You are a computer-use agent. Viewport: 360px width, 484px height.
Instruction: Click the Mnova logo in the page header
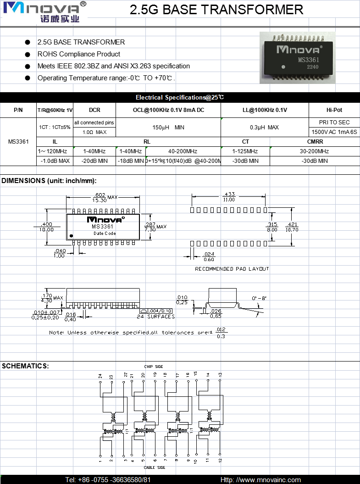click(x=44, y=11)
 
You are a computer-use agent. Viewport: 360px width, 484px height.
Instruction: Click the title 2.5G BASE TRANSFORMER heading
click(x=216, y=10)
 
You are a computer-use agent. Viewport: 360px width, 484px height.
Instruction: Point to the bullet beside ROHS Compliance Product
click(x=28, y=54)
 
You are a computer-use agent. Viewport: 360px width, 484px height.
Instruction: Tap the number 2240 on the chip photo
click(x=313, y=67)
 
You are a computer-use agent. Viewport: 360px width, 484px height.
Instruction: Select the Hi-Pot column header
click(x=334, y=110)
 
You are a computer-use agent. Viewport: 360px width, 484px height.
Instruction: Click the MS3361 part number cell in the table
click(x=18, y=141)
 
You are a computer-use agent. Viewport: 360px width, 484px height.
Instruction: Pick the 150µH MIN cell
click(x=168, y=128)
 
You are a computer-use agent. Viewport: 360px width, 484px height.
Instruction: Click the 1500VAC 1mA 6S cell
click(x=334, y=132)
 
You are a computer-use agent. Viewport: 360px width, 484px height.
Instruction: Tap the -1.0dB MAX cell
click(x=55, y=161)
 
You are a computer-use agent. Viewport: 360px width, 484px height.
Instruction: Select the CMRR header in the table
click(x=315, y=142)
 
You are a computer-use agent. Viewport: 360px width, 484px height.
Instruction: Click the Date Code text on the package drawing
click(x=105, y=234)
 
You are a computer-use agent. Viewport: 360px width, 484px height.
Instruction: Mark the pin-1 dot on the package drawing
click(x=71, y=236)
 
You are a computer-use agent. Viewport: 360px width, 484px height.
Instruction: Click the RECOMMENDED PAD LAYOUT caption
click(x=232, y=269)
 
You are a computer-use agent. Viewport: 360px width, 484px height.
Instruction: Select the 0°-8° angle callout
click(x=259, y=298)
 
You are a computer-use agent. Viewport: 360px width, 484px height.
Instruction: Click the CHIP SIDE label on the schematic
click(x=154, y=367)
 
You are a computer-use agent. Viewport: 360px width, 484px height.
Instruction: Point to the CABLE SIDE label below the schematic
click(x=155, y=467)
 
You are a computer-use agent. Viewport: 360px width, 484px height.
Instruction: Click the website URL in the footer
click(x=260, y=480)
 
